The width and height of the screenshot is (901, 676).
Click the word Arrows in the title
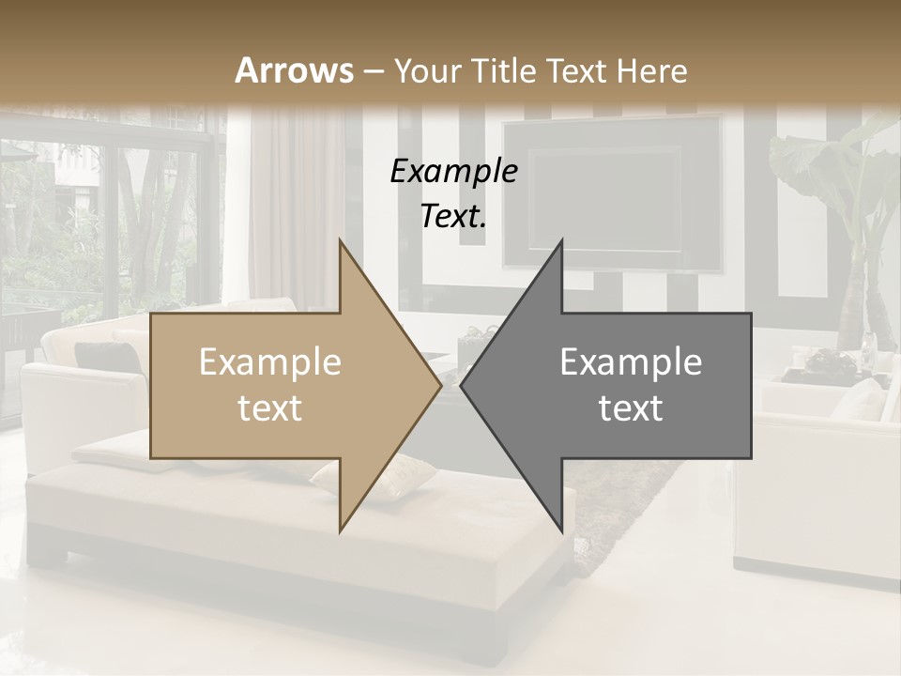coord(294,70)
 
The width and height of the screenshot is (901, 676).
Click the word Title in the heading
coord(505,70)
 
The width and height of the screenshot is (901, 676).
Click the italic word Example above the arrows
coord(453,172)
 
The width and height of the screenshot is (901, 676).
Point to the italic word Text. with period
coord(453,217)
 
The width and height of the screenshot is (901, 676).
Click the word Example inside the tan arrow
coord(269,362)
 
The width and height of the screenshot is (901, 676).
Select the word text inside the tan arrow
coord(269,408)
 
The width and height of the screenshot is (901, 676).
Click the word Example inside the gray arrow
coord(631,362)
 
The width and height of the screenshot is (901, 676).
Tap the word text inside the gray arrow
coord(631,408)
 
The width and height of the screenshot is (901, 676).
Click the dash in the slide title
coord(373,72)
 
